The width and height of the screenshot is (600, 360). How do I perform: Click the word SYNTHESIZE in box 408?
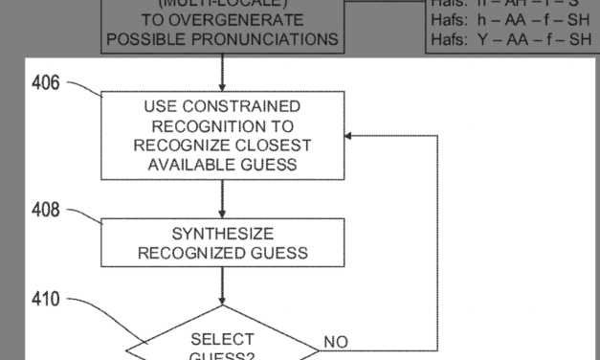click(x=223, y=234)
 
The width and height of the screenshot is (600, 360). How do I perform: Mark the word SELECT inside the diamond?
click(x=222, y=339)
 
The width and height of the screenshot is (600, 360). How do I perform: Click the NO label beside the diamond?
click(x=336, y=342)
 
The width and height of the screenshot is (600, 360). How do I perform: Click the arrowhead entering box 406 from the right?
click(x=350, y=135)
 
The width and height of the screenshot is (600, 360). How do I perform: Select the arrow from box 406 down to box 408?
click(x=222, y=198)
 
